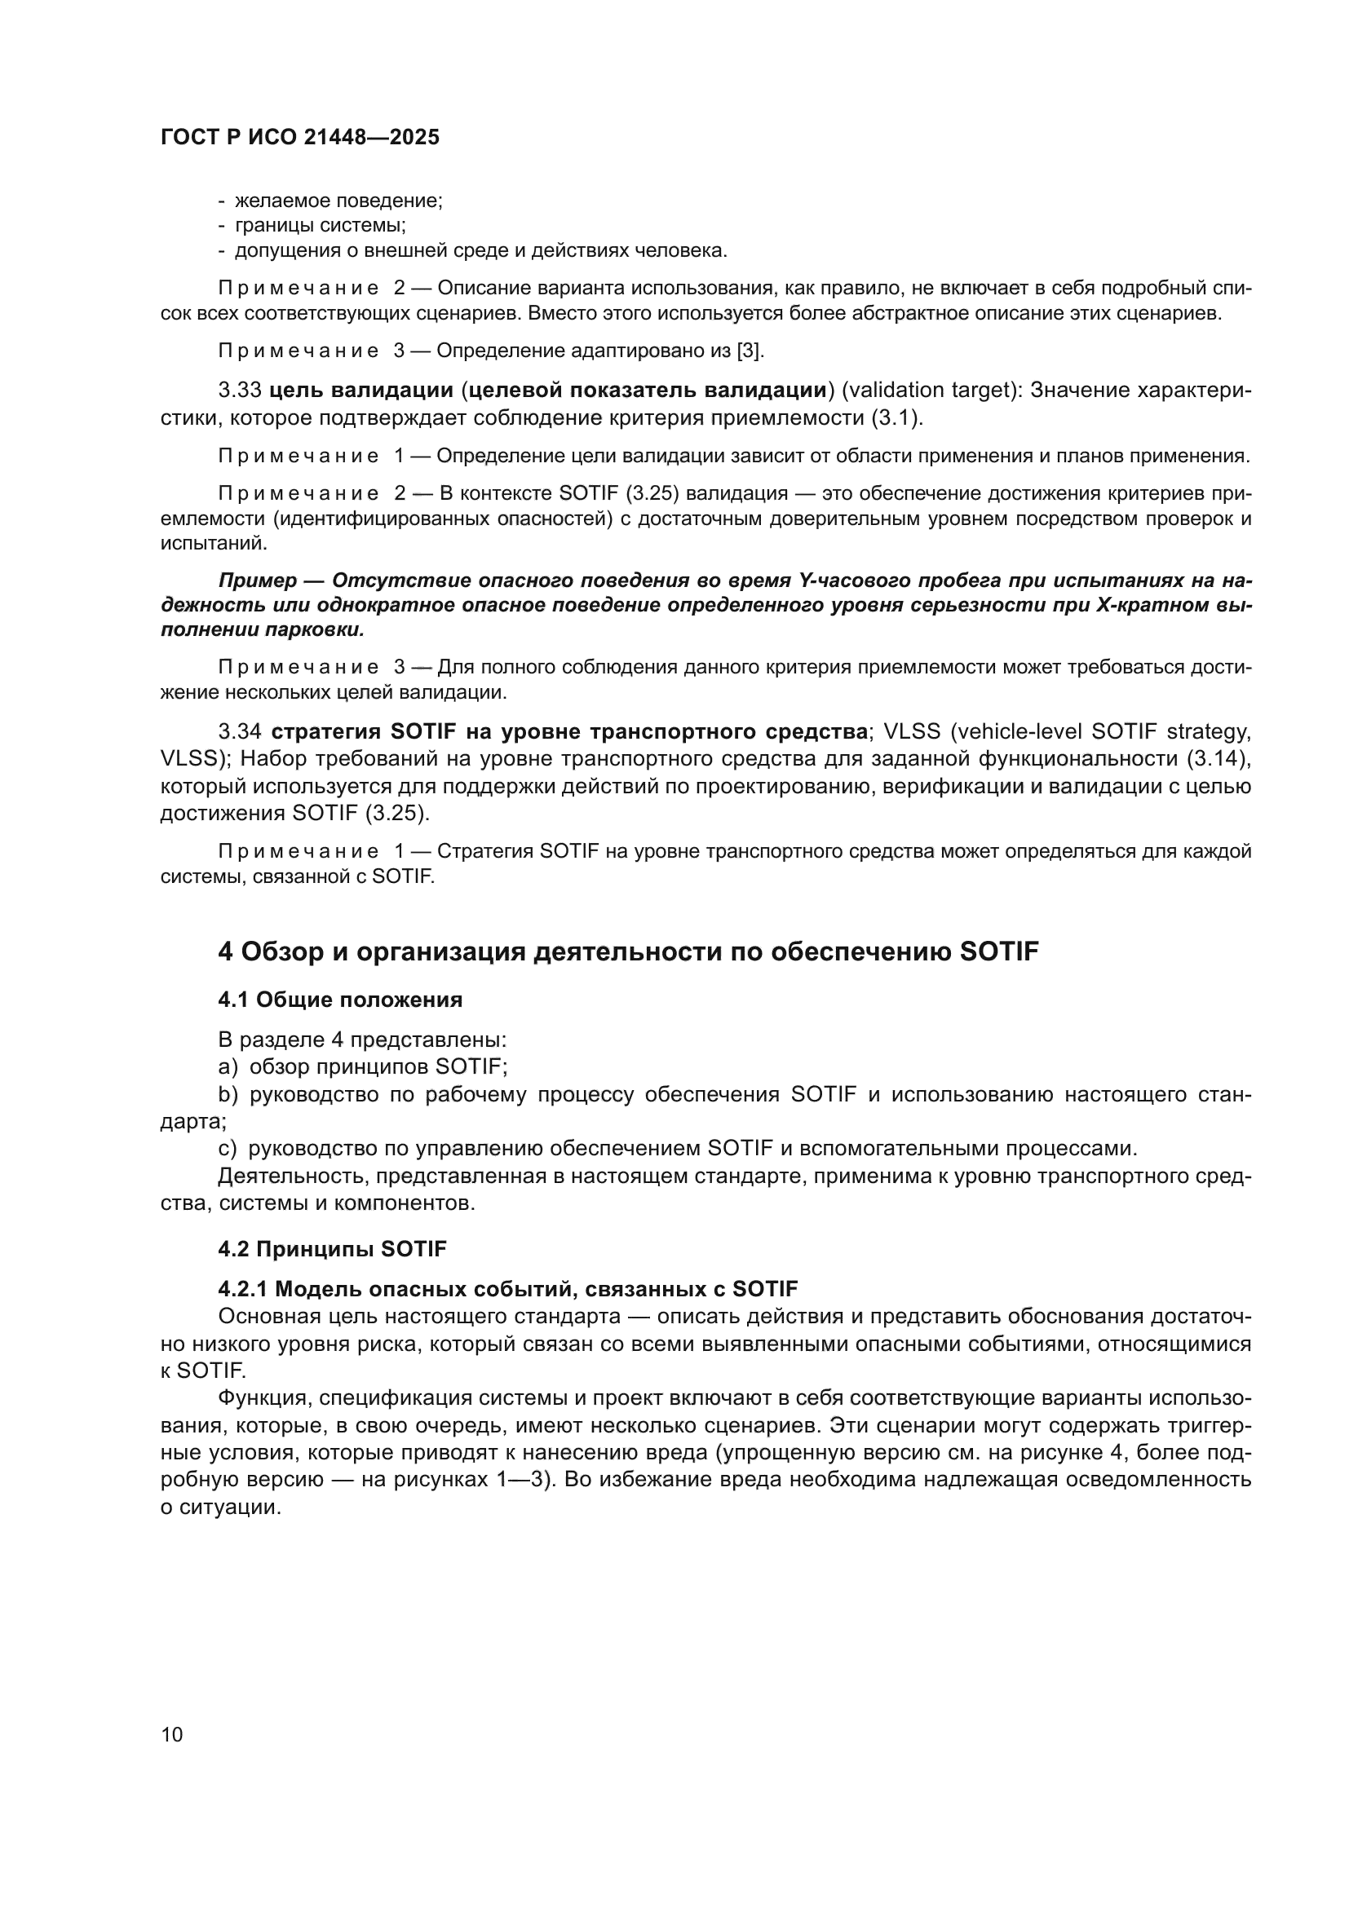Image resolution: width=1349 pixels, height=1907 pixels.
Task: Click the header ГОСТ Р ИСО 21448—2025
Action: (x=299, y=137)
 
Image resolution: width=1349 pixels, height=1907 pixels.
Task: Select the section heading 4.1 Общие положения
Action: (x=340, y=1000)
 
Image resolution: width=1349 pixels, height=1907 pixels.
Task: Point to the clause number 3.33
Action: (x=240, y=391)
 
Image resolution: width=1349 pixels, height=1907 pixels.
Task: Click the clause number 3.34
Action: (x=240, y=731)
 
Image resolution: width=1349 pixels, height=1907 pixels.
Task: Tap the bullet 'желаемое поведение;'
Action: (x=338, y=201)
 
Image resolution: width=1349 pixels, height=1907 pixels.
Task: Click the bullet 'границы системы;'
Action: (x=320, y=225)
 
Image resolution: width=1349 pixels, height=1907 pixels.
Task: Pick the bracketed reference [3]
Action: (x=750, y=351)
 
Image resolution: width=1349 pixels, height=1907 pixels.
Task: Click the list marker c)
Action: (x=228, y=1148)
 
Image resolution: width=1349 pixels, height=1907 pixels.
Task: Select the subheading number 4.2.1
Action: (x=242, y=1288)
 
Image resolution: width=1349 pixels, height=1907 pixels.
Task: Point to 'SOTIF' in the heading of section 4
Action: (x=998, y=951)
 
